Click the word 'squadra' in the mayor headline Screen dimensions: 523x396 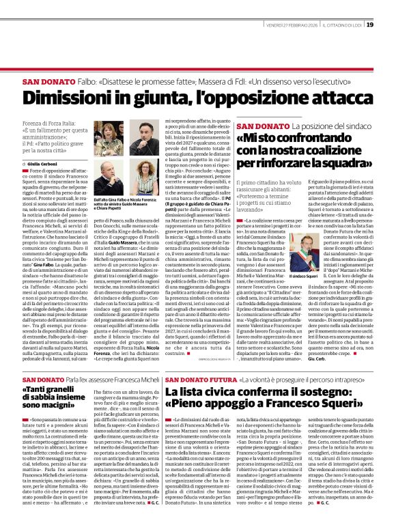pyautogui.click(x=344, y=163)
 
